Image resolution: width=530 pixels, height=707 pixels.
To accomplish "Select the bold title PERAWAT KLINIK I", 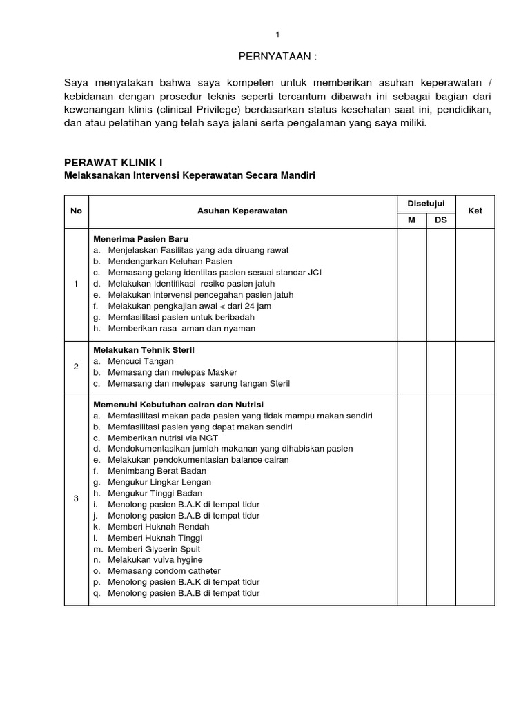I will click(113, 163).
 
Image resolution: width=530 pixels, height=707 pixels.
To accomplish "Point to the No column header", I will click(76, 211).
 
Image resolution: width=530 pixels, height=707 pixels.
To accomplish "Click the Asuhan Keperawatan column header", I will click(242, 211).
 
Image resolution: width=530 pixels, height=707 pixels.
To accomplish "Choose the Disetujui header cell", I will click(426, 203).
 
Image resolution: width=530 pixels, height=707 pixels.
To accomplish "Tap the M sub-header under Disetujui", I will click(411, 220).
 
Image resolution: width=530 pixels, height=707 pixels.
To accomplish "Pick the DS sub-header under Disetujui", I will click(441, 220).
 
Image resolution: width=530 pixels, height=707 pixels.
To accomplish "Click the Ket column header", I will click(475, 211).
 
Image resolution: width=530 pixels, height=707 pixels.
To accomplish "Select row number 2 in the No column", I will click(76, 367).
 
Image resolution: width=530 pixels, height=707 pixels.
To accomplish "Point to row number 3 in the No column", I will click(76, 498).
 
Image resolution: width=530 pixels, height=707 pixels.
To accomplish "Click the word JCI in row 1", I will click(315, 272).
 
